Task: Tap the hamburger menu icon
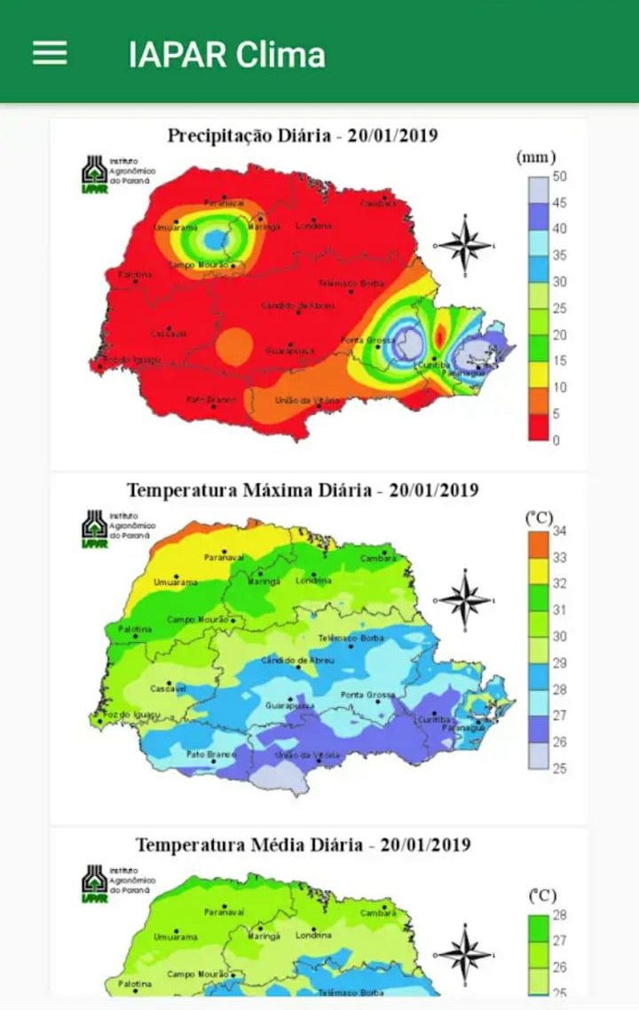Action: click(x=50, y=53)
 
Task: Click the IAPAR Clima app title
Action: click(x=226, y=54)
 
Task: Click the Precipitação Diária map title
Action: click(x=303, y=136)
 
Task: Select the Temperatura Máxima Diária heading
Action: click(x=303, y=489)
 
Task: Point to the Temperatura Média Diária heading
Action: click(x=303, y=844)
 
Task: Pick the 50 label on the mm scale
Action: click(x=559, y=176)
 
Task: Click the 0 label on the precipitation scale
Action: click(x=556, y=440)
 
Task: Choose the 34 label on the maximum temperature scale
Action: click(x=559, y=531)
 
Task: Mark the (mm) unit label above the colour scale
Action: click(x=536, y=157)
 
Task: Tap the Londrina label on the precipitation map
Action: click(x=313, y=225)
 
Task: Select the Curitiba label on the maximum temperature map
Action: click(x=435, y=720)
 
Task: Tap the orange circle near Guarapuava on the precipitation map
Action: click(x=234, y=343)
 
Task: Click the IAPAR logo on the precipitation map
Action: click(x=94, y=175)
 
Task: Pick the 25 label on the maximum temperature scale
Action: click(x=559, y=769)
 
